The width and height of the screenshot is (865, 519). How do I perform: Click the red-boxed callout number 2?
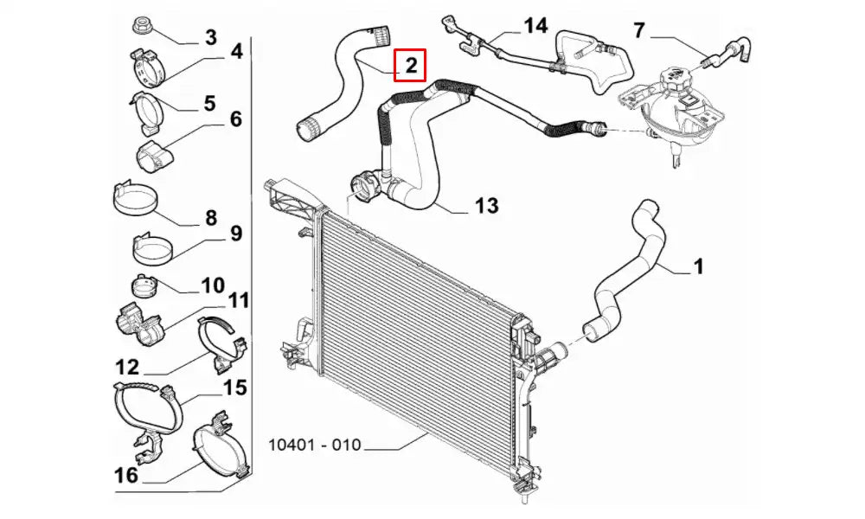(410, 65)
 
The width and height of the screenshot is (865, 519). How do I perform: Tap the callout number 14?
(535, 25)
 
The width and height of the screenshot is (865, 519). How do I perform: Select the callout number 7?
(639, 31)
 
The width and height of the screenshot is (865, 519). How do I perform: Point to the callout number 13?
(486, 206)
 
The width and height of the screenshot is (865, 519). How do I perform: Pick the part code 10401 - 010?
(314, 447)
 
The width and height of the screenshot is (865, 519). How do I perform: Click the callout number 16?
(125, 474)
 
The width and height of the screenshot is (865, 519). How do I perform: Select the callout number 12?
(126, 367)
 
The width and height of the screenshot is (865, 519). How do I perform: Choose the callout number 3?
(210, 37)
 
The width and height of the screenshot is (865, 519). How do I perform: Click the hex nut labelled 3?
(142, 23)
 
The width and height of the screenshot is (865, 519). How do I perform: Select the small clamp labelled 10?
(144, 284)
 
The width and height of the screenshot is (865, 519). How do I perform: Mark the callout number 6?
(234, 119)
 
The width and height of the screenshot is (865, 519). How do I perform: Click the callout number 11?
(238, 300)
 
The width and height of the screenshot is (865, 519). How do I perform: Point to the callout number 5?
(210, 104)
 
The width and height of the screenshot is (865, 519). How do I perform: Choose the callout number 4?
(235, 52)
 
